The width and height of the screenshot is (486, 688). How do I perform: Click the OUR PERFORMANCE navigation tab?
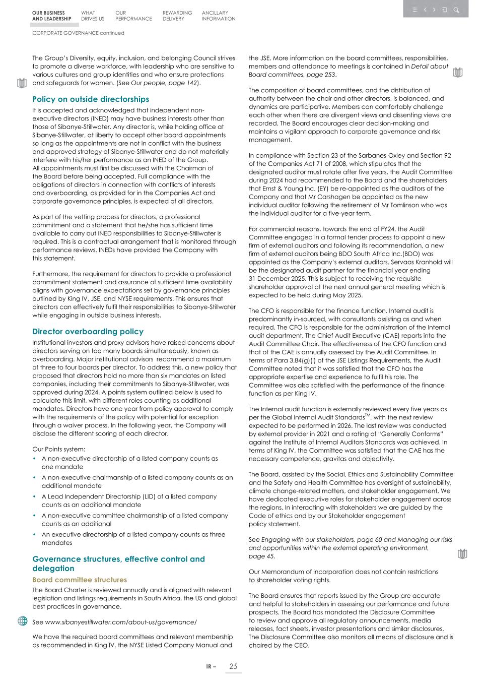point(133,16)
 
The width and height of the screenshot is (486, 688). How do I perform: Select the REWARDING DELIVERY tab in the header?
point(177,16)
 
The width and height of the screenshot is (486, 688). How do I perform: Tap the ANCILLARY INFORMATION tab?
point(218,16)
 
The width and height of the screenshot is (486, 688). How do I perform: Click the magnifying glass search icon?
point(456,10)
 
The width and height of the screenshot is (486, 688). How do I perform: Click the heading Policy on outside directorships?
point(91,99)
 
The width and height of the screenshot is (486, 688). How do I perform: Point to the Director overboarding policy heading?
point(88,332)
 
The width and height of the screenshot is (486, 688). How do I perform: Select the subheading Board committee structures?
point(80,580)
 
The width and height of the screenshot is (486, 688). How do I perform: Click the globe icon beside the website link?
point(23,621)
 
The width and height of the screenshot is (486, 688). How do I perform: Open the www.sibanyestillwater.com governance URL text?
point(120,622)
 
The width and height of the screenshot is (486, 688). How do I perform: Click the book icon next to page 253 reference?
point(457,73)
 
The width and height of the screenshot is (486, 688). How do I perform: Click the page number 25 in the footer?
point(233,666)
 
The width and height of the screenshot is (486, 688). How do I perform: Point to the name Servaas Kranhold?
point(415,262)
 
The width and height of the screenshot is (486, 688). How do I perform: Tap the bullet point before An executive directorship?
point(34,534)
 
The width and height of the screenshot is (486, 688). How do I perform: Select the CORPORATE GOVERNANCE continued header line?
point(78,33)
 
